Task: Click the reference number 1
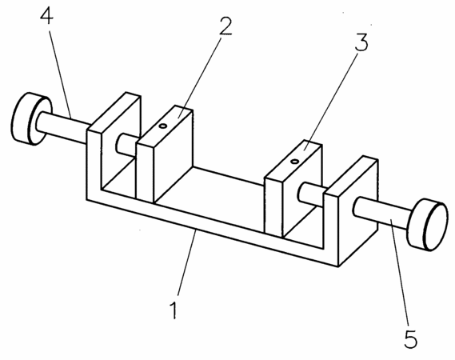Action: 174,310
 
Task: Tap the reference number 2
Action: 226,26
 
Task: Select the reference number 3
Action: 361,42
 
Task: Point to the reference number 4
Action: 46,15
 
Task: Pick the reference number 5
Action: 410,338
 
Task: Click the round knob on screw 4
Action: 31,118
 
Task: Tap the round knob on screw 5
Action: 427,225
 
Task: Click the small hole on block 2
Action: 163,126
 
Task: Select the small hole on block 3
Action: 295,161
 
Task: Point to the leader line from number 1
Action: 186,262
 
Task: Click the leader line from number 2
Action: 201,76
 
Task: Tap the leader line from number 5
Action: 400,272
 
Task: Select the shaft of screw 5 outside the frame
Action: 382,212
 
